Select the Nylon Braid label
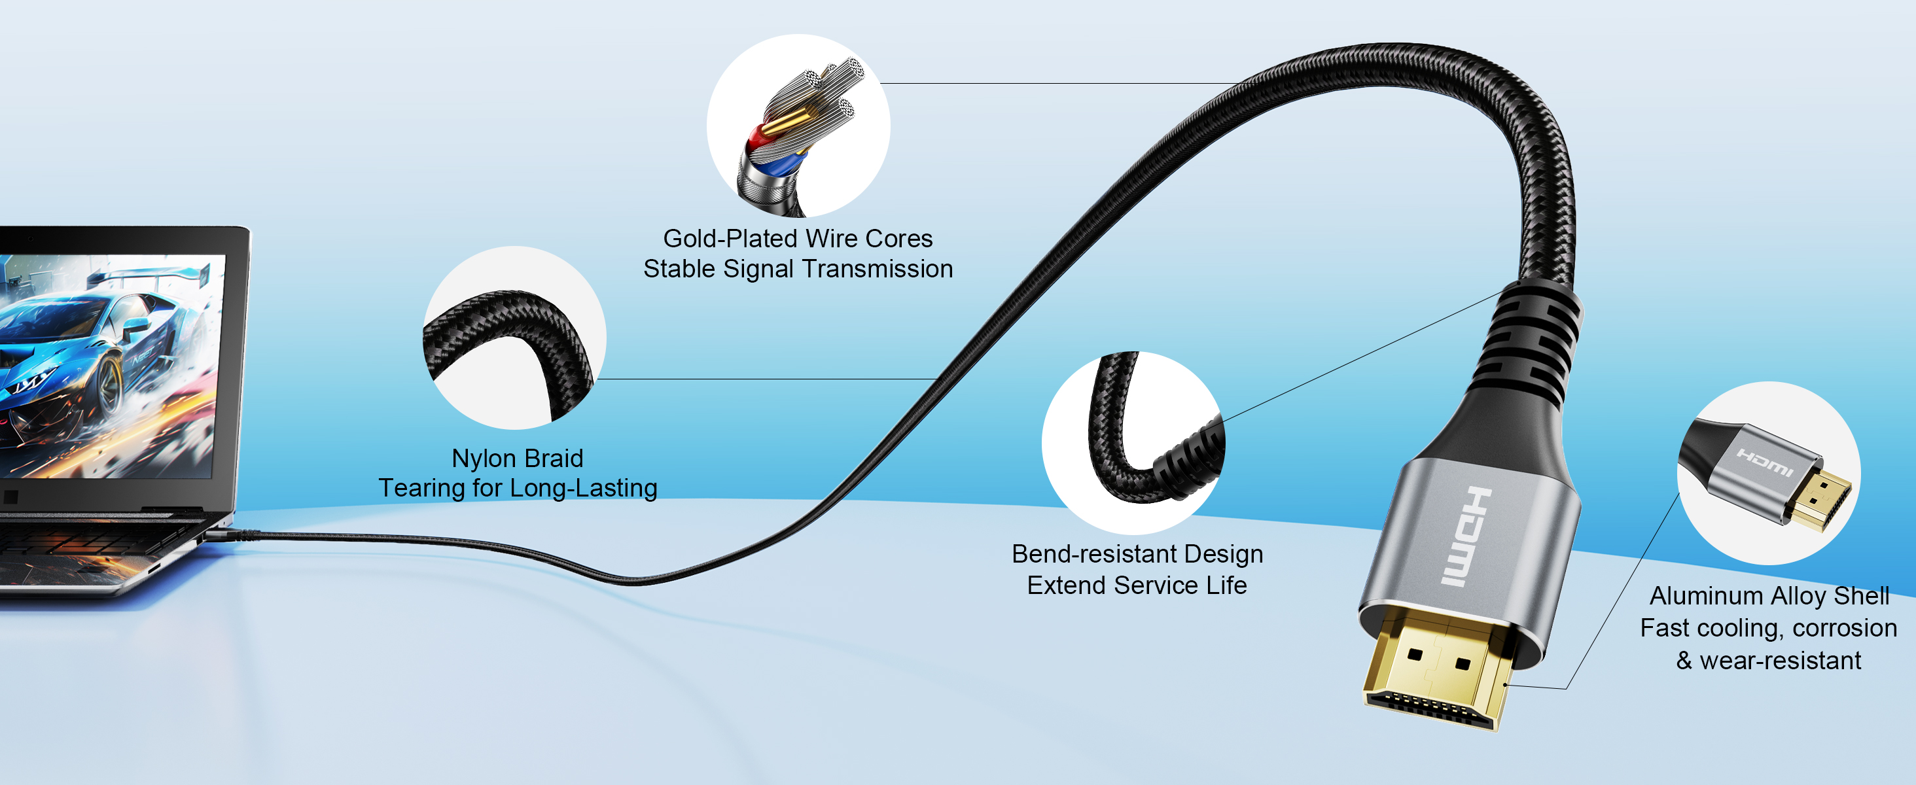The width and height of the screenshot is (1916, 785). click(518, 459)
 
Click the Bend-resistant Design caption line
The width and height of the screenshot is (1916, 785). click(1137, 555)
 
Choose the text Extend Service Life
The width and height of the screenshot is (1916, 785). click(1137, 585)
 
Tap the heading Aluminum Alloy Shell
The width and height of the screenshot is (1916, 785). click(1769, 596)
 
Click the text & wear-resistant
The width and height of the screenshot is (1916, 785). click(1769, 660)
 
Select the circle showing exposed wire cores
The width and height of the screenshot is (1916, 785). click(798, 126)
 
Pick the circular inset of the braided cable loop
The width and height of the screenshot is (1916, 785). click(515, 338)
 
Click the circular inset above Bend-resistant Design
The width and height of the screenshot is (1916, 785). click(1133, 443)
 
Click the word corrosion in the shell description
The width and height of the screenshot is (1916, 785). click(1845, 629)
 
